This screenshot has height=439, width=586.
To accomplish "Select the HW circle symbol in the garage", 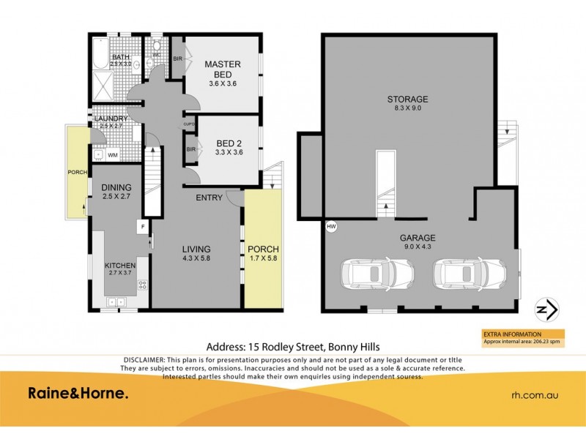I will [331, 227].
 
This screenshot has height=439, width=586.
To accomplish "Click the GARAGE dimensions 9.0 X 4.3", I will [418, 247].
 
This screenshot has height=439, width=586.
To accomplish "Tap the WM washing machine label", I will [112, 155].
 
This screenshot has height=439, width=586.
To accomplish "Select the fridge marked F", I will [144, 228].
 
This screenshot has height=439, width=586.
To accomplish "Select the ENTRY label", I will [209, 198].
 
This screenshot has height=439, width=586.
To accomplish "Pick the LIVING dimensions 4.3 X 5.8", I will [196, 259].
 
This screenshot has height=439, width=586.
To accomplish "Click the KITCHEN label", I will [120, 265].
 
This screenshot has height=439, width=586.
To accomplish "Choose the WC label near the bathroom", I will [156, 53].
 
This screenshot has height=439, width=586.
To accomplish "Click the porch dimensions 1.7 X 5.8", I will [262, 259].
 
